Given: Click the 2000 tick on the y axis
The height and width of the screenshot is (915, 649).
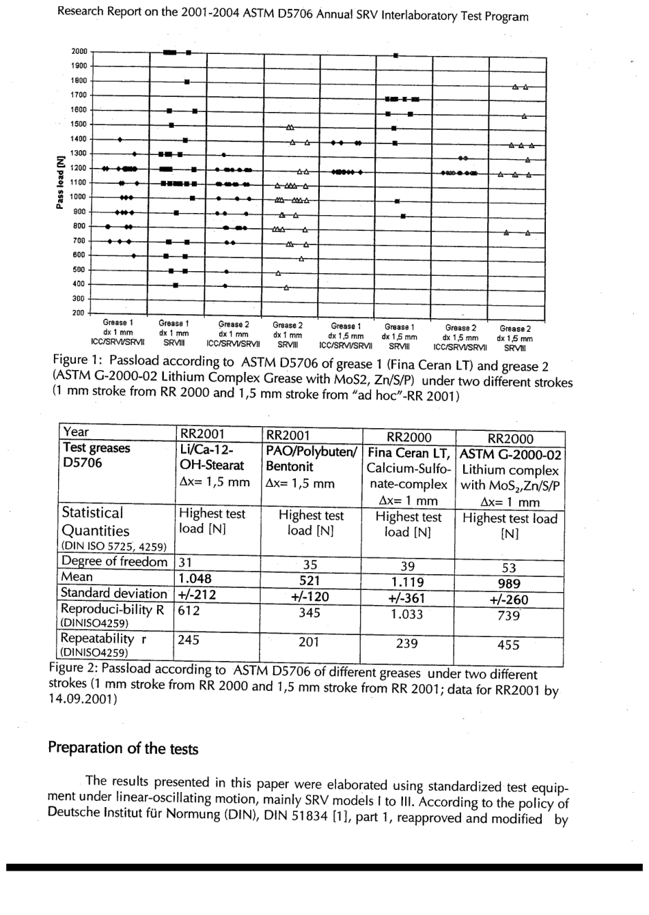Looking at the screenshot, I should pos(79,51).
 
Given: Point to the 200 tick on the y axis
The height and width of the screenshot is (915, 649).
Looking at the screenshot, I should pos(79,313).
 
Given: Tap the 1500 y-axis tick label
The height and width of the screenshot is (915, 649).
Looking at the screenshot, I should pos(79,124).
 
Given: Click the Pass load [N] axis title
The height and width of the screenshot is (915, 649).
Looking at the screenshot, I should pos(61,182).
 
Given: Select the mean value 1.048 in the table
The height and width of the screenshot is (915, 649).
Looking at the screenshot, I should pos(195,579).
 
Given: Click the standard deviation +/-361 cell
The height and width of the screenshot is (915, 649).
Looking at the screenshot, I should pos(406,598).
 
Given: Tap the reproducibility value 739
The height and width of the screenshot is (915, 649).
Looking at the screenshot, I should pos(509,616).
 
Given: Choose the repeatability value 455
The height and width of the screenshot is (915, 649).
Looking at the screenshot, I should pos(508,645).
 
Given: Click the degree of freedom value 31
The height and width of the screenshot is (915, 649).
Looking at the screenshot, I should pos(184,563).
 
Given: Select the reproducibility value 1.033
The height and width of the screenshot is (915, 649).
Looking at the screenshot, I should pos(406,614).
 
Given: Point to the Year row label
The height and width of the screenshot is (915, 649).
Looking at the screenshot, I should pos(75,432).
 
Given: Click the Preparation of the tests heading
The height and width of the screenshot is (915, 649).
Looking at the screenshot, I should pos(123,748).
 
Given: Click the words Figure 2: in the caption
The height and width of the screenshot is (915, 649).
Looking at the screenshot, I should pos(74,670).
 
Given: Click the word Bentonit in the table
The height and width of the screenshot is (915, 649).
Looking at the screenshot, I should pos(290,467).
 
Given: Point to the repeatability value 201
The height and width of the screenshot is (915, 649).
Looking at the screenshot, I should pos(309,642).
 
